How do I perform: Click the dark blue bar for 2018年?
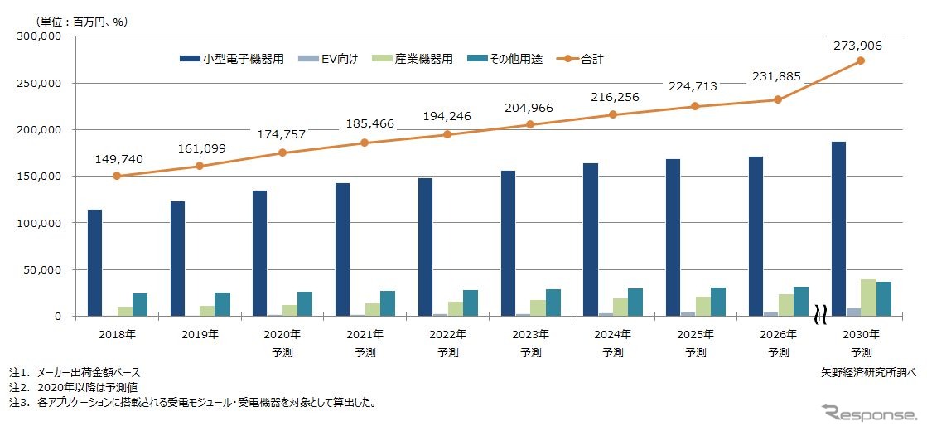[x=95, y=263]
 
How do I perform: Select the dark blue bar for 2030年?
[x=838, y=229]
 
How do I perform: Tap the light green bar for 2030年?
[x=868, y=298]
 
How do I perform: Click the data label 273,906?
[x=856, y=46]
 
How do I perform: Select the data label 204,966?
[x=529, y=109]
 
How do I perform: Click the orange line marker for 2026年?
[x=778, y=99]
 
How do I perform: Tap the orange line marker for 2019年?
[x=199, y=166]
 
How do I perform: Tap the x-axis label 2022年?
[x=447, y=335]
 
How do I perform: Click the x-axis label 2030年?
[x=861, y=335]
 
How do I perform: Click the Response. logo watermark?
[x=868, y=413]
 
